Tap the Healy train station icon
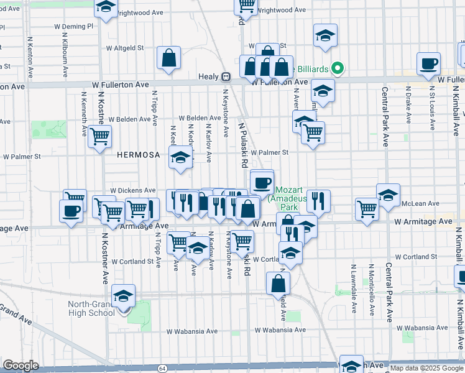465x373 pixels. pyautogui.click(x=226, y=76)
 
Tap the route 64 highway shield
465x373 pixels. pyautogui.click(x=162, y=369)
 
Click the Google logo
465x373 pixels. pyautogui.click(x=21, y=366)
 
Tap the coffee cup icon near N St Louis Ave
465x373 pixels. pyautogui.click(x=428, y=63)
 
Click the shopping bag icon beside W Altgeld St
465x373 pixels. pyautogui.click(x=168, y=58)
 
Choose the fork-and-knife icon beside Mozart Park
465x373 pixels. pyautogui.click(x=318, y=200)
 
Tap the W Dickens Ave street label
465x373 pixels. pyautogui.click(x=133, y=190)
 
